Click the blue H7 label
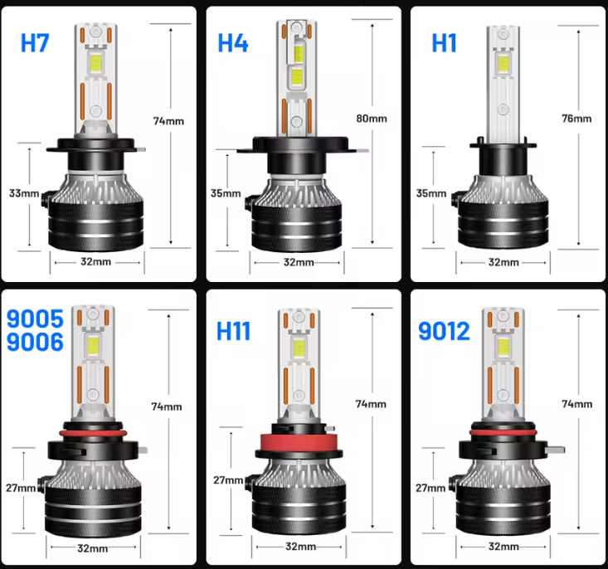click(x=35, y=44)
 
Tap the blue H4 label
click(x=233, y=44)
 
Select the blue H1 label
click(x=444, y=43)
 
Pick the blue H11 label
click(x=233, y=331)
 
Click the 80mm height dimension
click(x=372, y=119)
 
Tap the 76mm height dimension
click(x=576, y=119)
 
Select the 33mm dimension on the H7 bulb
click(x=24, y=193)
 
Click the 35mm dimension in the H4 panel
click(x=226, y=193)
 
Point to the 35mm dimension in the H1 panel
click(x=430, y=193)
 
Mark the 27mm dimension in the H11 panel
click(x=227, y=480)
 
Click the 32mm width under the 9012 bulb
click(x=503, y=547)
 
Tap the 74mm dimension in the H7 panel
click(x=168, y=120)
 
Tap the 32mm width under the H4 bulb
click(x=299, y=262)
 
